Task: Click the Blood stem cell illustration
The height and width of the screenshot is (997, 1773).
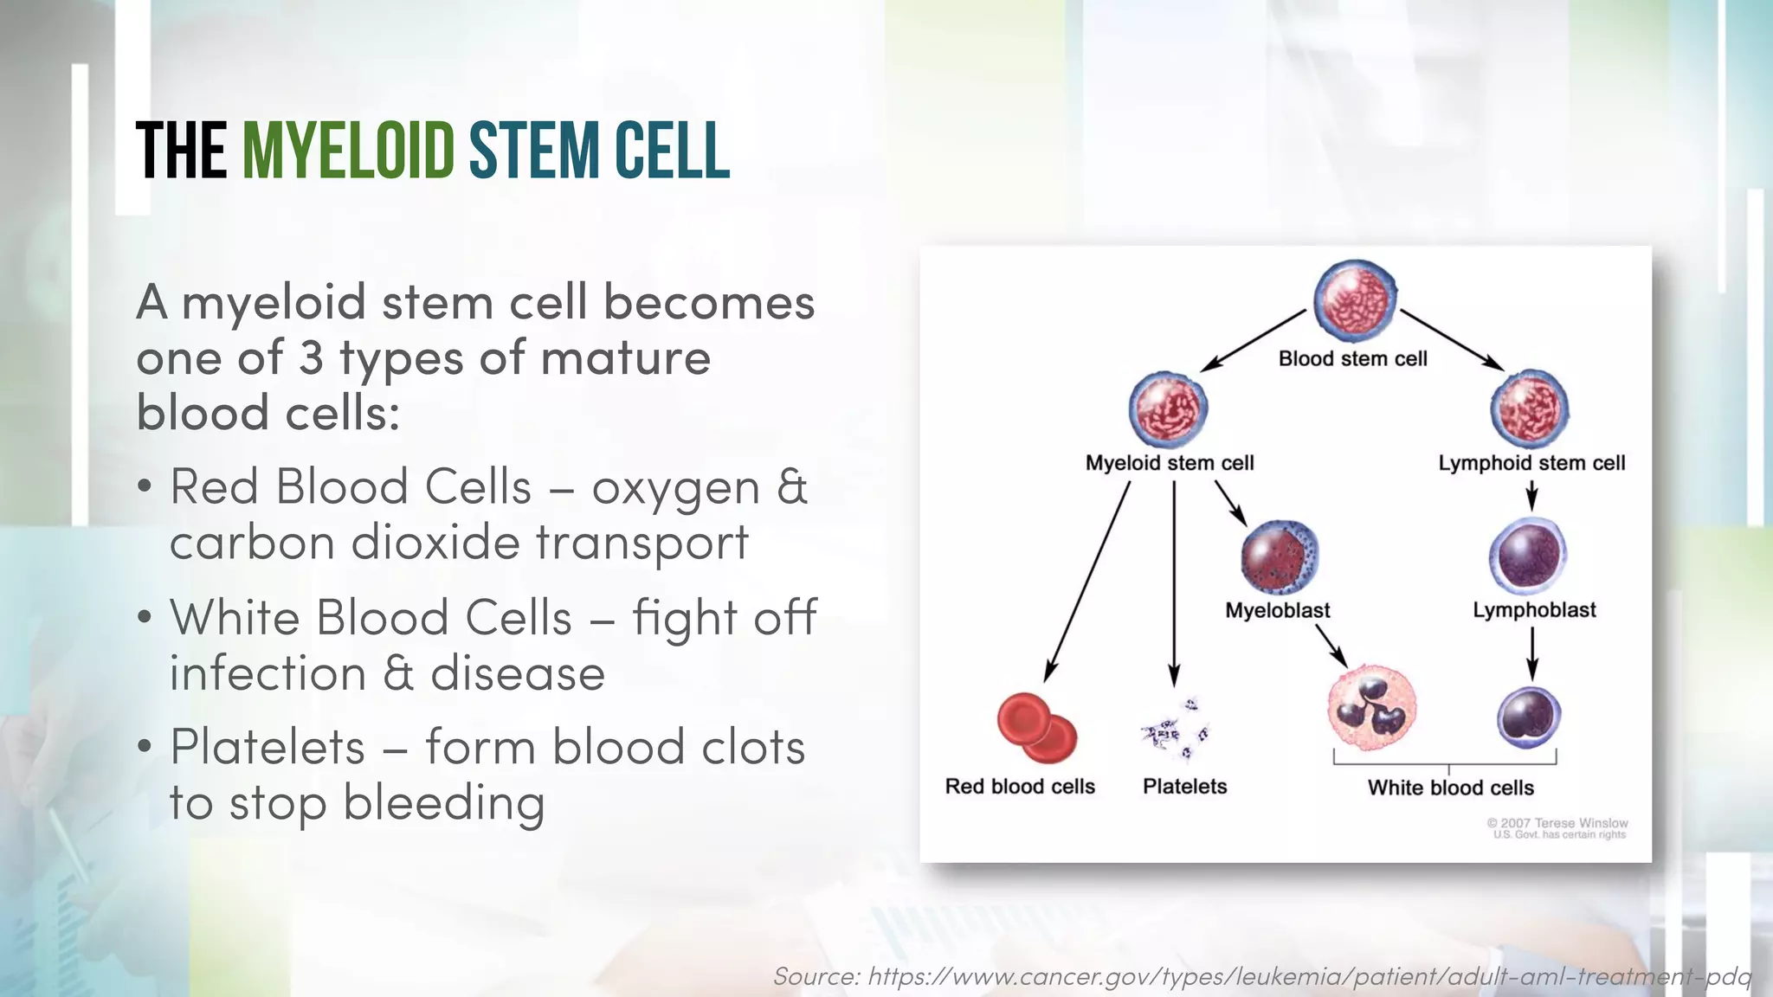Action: pyautogui.click(x=1355, y=299)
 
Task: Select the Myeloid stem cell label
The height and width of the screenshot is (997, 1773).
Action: pyautogui.click(x=1169, y=463)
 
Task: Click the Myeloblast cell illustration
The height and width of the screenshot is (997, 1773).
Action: pyautogui.click(x=1280, y=557)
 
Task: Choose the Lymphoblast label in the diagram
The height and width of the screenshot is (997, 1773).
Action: pyautogui.click(x=1534, y=610)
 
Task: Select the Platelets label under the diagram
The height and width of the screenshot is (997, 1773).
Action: pyautogui.click(x=1184, y=787)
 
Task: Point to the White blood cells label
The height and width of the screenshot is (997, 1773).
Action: pyautogui.click(x=1450, y=788)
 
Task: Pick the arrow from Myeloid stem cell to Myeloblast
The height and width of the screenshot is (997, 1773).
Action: pyautogui.click(x=1230, y=503)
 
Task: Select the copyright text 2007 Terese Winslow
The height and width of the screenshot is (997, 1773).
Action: pyautogui.click(x=1557, y=823)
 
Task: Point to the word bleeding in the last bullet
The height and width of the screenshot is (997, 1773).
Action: pyautogui.click(x=444, y=803)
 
